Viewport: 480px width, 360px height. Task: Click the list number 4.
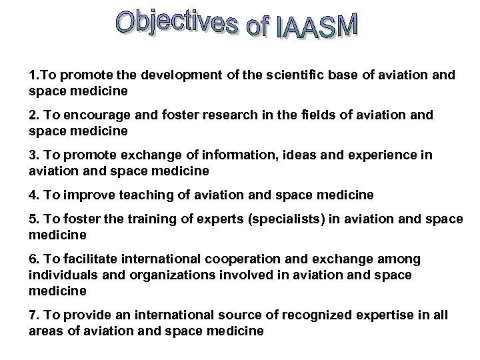(x=33, y=195)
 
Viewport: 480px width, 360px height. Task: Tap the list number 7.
(x=33, y=315)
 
